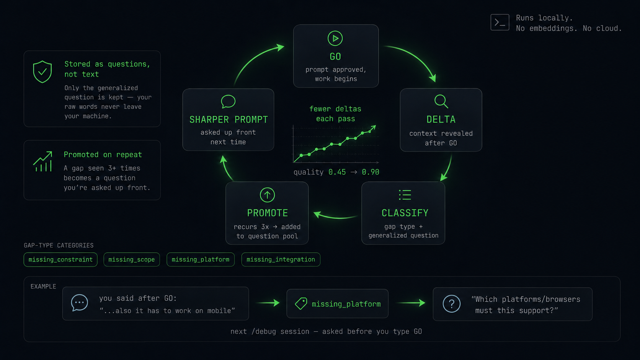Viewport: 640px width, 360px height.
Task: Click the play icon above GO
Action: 335,38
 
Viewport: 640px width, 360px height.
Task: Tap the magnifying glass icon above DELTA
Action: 441,101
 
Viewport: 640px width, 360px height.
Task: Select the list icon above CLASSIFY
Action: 405,195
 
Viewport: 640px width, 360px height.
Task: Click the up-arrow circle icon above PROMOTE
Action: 267,195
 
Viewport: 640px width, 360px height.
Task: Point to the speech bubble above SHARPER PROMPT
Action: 228,102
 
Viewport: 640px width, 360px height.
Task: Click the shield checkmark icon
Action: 42,72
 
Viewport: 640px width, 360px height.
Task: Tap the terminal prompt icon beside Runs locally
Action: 500,22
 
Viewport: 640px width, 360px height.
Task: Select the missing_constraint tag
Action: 60,259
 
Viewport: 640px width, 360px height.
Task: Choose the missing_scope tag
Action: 131,259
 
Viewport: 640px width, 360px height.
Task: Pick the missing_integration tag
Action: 281,259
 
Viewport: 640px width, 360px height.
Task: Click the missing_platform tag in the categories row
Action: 201,259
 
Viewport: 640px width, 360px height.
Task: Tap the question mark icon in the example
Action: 451,304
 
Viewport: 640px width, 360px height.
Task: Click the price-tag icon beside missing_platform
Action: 301,303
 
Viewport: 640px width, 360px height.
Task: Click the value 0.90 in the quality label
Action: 371,172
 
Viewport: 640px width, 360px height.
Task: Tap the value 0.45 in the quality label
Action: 337,172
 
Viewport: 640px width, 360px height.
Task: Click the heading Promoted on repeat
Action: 103,155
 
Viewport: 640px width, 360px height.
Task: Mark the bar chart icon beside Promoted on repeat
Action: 42,161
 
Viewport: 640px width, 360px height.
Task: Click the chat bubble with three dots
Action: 80,303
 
